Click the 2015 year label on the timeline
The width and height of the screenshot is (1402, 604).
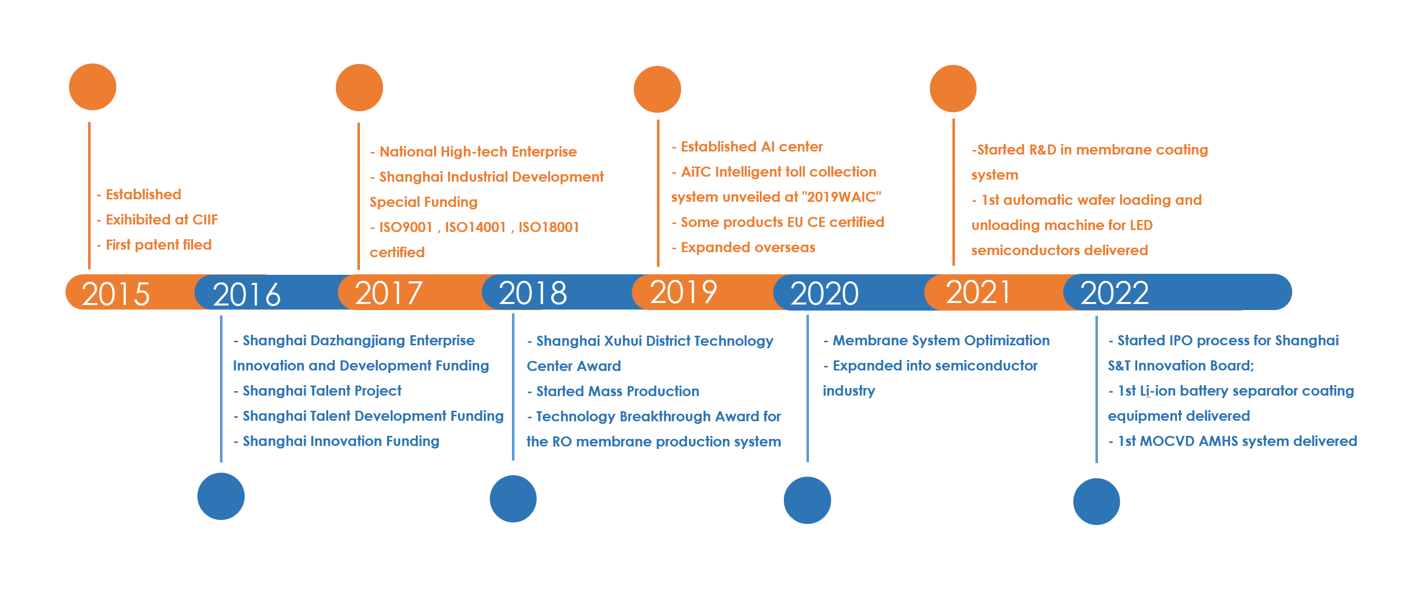click(x=115, y=294)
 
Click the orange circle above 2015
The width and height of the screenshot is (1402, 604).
click(x=93, y=87)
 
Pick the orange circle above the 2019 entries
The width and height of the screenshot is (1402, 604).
click(x=657, y=89)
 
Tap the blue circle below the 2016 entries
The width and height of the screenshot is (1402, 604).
click(x=221, y=496)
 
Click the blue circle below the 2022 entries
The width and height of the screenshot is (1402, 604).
click(x=1096, y=502)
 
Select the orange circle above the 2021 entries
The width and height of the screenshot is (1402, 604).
click(x=953, y=89)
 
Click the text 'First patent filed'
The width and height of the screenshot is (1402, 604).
click(x=159, y=245)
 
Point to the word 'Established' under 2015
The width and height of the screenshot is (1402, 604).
click(x=143, y=194)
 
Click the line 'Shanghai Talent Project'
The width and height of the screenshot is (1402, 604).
click(x=322, y=391)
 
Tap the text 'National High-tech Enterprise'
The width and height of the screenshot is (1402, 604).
click(x=478, y=152)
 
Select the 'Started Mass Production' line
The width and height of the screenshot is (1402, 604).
click(x=618, y=391)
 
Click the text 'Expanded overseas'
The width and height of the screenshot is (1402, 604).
click(x=748, y=248)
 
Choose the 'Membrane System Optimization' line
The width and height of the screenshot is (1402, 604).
click(x=941, y=341)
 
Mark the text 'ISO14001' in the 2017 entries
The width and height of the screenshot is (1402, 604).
click(x=476, y=228)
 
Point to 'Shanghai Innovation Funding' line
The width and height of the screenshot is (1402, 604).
click(x=341, y=441)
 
